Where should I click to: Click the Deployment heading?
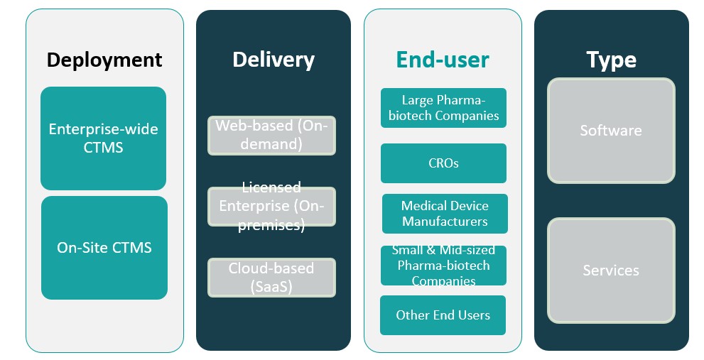pyautogui.click(x=104, y=60)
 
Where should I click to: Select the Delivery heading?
pyautogui.click(x=274, y=60)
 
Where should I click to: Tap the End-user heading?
pyautogui.click(x=443, y=60)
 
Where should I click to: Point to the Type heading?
pyautogui.click(x=611, y=60)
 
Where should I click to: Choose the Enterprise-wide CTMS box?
pyautogui.click(x=104, y=138)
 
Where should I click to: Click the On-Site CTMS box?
pyautogui.click(x=104, y=248)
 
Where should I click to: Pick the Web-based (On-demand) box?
pyautogui.click(x=271, y=135)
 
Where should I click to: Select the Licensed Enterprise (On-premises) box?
pyautogui.click(x=271, y=207)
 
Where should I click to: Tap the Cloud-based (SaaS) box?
pyautogui.click(x=271, y=278)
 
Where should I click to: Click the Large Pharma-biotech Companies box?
pyautogui.click(x=443, y=108)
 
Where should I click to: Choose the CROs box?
pyautogui.click(x=443, y=163)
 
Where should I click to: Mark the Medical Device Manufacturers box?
pyautogui.click(x=445, y=214)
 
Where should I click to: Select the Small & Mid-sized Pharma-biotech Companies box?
pyautogui.click(x=443, y=266)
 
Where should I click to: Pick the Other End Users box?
pyautogui.click(x=443, y=315)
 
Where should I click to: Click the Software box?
pyautogui.click(x=611, y=131)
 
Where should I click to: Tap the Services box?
pyautogui.click(x=611, y=271)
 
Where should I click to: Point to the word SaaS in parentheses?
pyautogui.click(x=271, y=287)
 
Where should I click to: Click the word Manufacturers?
pyautogui.click(x=445, y=222)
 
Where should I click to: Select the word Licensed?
pyautogui.click(x=271, y=187)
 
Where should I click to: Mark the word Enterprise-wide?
pyautogui.click(x=104, y=130)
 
